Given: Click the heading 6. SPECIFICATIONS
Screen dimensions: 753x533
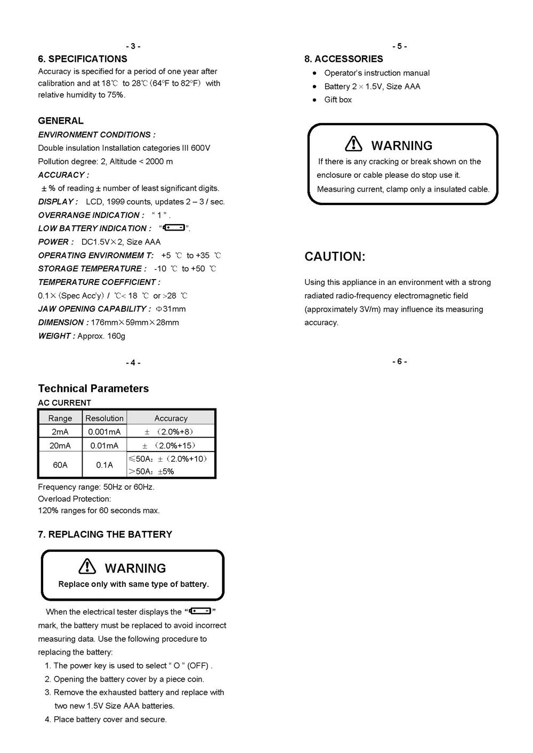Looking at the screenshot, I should point(83,59).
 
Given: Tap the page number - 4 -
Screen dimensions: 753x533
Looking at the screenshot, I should point(133,363).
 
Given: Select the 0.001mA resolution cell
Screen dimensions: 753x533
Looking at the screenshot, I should point(104,432).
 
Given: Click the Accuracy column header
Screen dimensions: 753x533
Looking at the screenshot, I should point(171,418).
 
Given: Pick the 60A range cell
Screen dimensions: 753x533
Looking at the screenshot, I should point(60,465).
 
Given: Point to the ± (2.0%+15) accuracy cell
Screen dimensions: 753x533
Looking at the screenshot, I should point(169,445).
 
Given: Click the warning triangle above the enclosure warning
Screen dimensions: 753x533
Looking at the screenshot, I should point(353,144).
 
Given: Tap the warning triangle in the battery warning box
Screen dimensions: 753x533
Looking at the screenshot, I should point(87,566).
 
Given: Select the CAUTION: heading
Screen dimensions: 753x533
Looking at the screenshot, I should point(335,257).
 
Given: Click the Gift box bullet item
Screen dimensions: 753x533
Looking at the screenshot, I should point(338,100).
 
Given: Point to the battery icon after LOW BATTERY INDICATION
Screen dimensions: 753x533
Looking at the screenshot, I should point(174,228).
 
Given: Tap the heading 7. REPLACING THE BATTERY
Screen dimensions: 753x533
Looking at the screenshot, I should point(105,534).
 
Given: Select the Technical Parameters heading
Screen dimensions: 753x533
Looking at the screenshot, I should point(93,388).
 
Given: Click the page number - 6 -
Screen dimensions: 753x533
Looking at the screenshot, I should point(400,362).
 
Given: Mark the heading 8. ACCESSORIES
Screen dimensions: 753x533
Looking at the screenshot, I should point(344,59).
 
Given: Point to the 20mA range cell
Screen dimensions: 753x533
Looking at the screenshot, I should point(60,445).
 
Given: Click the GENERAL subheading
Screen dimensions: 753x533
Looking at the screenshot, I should point(61,121).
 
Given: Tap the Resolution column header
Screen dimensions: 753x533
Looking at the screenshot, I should point(104,418).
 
